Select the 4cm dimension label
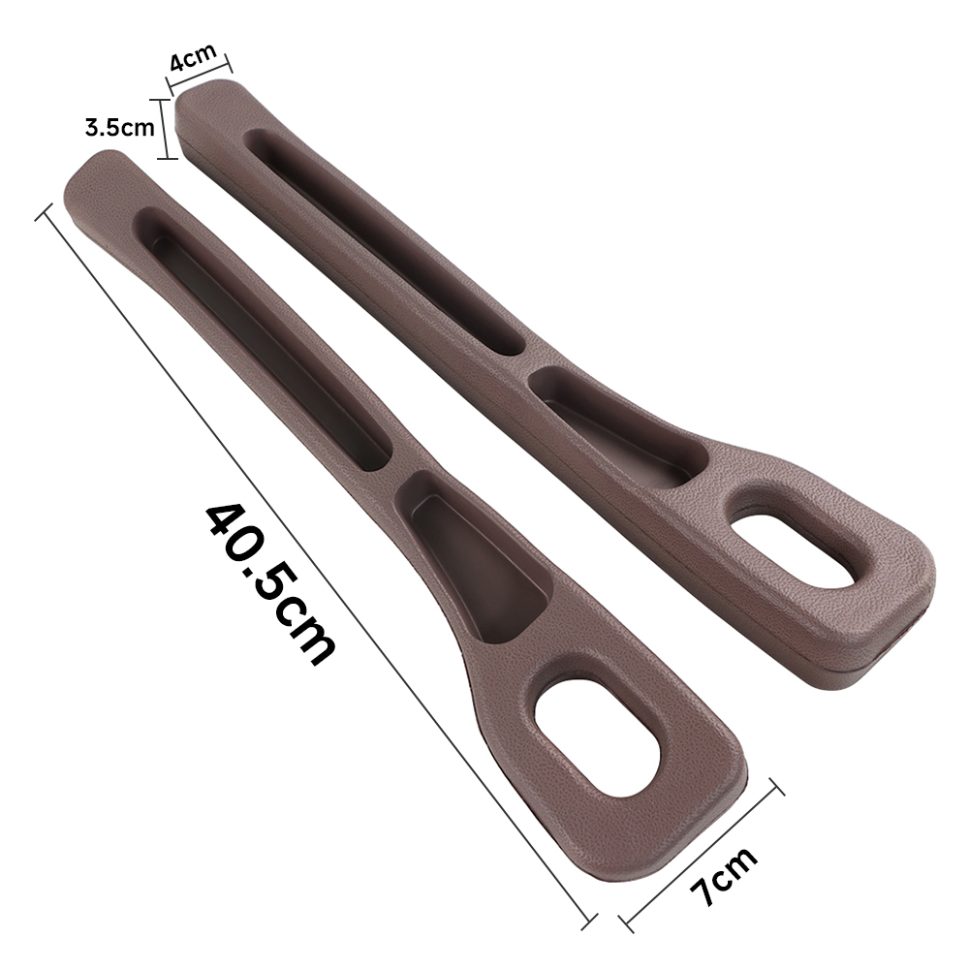point(194,60)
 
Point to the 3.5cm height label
point(119,127)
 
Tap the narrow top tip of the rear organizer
point(208,97)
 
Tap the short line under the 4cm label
point(202,77)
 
